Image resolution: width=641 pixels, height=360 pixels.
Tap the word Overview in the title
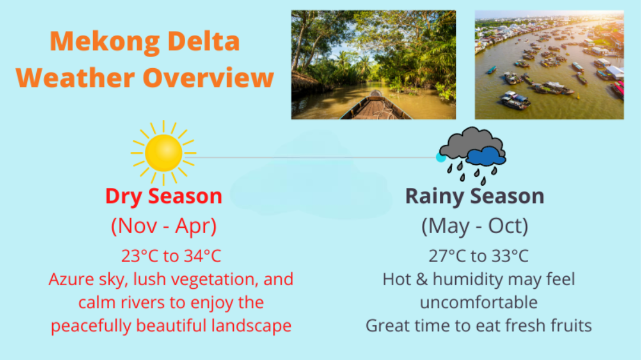(x=208, y=78)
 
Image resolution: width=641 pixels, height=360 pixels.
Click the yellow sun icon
(x=164, y=153)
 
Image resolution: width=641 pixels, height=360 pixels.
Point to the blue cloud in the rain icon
(x=486, y=156)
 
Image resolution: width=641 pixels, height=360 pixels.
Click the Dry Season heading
(x=164, y=196)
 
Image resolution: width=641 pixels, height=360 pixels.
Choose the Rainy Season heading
(x=475, y=196)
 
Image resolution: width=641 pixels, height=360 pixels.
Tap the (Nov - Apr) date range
(x=164, y=226)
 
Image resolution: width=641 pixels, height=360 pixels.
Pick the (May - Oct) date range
(x=475, y=226)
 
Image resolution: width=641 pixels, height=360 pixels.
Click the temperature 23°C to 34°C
(x=171, y=256)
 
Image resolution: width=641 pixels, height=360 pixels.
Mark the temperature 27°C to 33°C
(x=478, y=256)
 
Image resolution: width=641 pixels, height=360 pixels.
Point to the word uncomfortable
(x=479, y=303)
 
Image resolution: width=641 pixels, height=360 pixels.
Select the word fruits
(x=571, y=326)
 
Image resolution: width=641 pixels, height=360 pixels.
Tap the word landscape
(x=252, y=326)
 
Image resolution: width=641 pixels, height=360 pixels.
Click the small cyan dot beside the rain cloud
(x=440, y=157)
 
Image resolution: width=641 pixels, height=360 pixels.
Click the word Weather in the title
(x=75, y=78)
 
